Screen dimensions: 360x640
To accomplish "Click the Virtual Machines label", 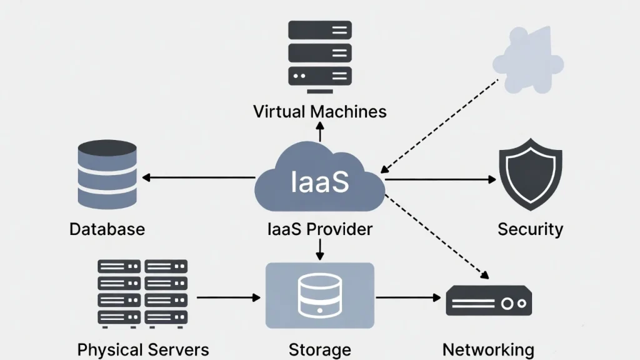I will click(x=319, y=112).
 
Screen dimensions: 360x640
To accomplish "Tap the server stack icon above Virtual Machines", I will click(x=320, y=53).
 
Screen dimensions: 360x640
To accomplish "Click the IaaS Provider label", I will click(x=319, y=229).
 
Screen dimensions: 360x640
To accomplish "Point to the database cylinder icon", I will click(x=107, y=174).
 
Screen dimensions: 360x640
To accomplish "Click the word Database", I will click(x=107, y=229).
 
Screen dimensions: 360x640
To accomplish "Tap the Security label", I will click(x=530, y=229).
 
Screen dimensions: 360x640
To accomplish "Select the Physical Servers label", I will click(x=143, y=349).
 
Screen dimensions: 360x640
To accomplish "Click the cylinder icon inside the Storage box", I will click(x=319, y=294).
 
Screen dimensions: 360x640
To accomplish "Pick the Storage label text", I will click(x=319, y=349).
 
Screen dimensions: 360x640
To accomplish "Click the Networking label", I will click(x=488, y=349).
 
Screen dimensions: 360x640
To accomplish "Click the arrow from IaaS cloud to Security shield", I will click(x=440, y=180).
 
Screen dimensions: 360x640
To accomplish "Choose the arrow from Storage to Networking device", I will click(x=409, y=297).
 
